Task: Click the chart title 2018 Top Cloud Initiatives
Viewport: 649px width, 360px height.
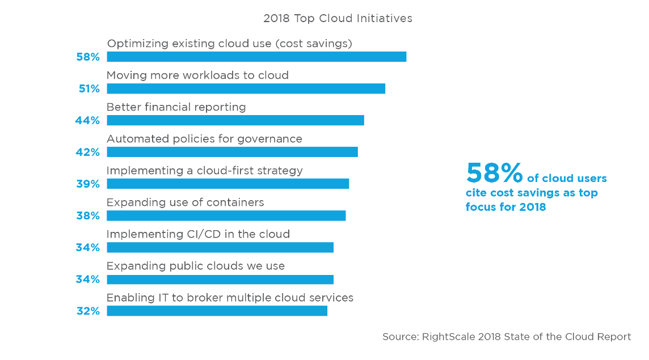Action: pyautogui.click(x=338, y=19)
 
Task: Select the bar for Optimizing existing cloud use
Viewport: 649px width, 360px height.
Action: pyautogui.click(x=256, y=57)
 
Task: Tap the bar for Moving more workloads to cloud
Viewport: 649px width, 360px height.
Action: pyautogui.click(x=246, y=88)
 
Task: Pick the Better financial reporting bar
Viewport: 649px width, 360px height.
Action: pyautogui.click(x=235, y=120)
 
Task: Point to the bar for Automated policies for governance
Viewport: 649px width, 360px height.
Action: pyautogui.click(x=232, y=152)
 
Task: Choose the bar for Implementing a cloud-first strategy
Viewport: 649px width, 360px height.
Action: pyautogui.click(x=227, y=184)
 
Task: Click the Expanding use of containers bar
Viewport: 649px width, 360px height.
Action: pyautogui.click(x=226, y=215)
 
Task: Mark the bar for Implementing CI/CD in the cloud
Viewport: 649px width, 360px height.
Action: pyautogui.click(x=220, y=247)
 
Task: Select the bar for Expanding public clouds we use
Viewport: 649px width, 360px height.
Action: pyautogui.click(x=220, y=279)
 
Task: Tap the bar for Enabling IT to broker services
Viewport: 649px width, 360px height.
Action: pyautogui.click(x=217, y=311)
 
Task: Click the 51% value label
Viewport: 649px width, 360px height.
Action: pyautogui.click(x=90, y=88)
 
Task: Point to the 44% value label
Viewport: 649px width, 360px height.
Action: pyautogui.click(x=87, y=120)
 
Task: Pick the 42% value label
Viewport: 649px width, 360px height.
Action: pyautogui.click(x=88, y=153)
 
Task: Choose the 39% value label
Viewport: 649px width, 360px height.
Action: pyautogui.click(x=88, y=184)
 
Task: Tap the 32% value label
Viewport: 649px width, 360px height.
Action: pyautogui.click(x=88, y=311)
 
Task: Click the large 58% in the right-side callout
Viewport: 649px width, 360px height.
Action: pyautogui.click(x=494, y=172)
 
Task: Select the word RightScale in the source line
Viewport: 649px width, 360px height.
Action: pyautogui.click(x=448, y=337)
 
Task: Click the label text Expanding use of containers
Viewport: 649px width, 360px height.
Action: pyautogui.click(x=185, y=202)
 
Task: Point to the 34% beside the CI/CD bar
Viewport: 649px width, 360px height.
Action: pyautogui.click(x=88, y=247)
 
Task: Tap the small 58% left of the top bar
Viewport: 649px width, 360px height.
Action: pyautogui.click(x=88, y=57)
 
